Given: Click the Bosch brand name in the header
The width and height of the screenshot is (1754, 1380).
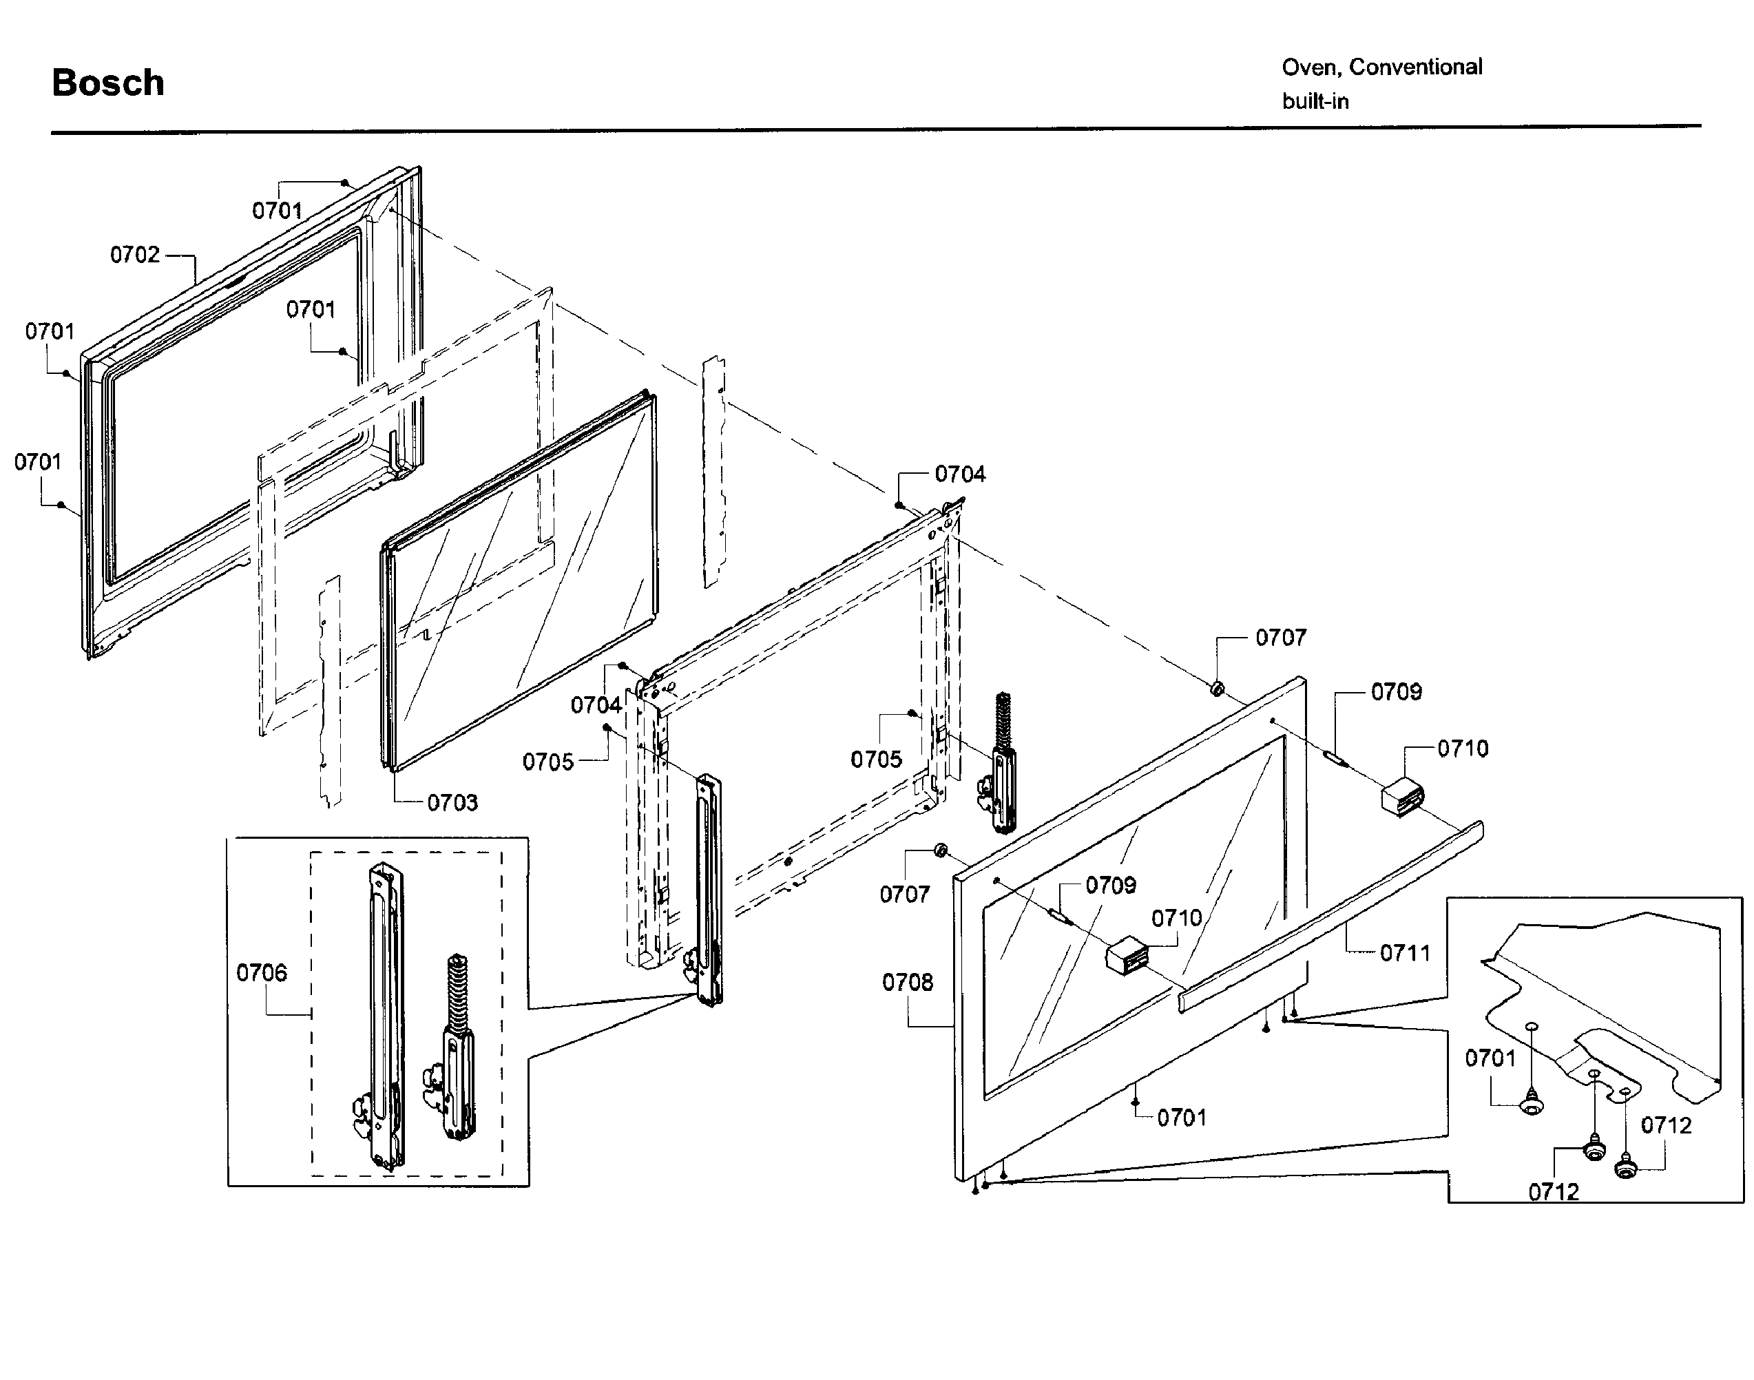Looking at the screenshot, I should (107, 83).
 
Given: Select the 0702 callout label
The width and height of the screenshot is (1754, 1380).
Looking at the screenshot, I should (135, 255).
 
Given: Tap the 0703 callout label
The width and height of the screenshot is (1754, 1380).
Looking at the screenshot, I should (452, 802).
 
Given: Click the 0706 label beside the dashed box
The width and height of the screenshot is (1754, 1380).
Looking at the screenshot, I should (261, 973).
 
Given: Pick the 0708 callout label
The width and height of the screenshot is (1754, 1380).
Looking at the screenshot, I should (907, 983).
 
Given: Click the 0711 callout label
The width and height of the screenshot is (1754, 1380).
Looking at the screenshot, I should (1404, 953).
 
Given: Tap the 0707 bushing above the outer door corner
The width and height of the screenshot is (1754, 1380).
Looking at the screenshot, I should (1216, 689).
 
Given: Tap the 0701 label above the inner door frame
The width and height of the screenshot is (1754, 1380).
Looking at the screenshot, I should (277, 211).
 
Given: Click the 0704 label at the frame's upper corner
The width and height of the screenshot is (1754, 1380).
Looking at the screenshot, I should (960, 474).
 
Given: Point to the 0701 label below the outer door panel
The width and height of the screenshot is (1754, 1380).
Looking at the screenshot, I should (1181, 1118).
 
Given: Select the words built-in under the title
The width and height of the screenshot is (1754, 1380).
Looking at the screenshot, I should (1315, 102).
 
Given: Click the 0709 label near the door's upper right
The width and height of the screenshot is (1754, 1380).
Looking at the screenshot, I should (1396, 693).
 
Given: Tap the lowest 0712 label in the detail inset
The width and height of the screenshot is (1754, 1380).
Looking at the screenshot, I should (1553, 1192).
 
